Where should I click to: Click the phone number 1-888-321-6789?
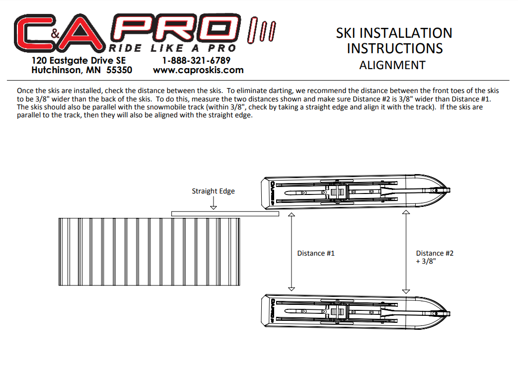196,61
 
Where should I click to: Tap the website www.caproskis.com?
198,70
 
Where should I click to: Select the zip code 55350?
119,70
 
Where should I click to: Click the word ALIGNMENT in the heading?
392,65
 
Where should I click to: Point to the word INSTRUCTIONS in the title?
395,49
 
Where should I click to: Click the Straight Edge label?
214,191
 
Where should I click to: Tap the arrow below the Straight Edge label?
214,203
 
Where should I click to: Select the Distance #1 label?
316,253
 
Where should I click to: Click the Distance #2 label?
435,253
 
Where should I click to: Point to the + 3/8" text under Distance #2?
426,261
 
